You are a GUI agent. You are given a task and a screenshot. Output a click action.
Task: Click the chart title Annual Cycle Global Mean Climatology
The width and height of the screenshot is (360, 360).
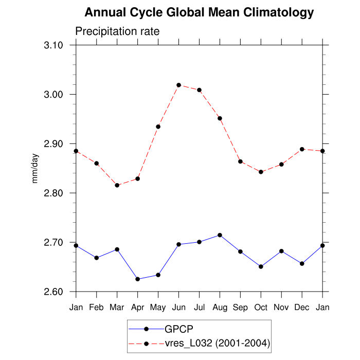[199, 12]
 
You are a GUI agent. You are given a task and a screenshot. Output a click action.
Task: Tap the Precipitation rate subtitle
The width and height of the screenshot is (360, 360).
[118, 31]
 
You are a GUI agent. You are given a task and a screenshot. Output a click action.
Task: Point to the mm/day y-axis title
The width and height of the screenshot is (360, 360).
[35, 168]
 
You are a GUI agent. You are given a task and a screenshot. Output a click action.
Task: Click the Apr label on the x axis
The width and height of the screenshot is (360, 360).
[137, 308]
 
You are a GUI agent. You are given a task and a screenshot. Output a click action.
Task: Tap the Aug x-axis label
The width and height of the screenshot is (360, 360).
[220, 308]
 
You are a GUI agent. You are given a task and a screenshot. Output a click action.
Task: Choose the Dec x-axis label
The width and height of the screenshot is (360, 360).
[302, 308]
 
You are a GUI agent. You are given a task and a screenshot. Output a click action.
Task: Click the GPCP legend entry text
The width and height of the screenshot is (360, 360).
[178, 329]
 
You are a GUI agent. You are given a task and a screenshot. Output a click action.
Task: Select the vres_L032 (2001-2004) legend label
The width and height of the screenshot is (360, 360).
[218, 343]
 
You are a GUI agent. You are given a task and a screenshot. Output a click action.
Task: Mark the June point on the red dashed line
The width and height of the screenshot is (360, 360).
[178, 85]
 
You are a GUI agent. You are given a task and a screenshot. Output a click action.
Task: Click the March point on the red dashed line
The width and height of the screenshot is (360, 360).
[117, 185]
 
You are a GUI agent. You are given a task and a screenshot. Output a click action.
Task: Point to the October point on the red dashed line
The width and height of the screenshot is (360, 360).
[261, 172]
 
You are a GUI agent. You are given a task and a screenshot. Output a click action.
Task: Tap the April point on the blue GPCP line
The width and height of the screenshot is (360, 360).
[137, 279]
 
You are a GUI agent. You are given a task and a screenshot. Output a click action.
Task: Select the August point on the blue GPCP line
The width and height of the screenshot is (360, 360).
[220, 235]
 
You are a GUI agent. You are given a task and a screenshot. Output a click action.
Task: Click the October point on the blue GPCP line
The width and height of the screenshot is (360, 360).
[261, 266]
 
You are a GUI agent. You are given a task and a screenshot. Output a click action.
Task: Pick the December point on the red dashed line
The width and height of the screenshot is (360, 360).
[302, 149]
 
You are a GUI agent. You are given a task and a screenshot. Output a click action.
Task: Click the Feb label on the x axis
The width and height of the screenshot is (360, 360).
[96, 308]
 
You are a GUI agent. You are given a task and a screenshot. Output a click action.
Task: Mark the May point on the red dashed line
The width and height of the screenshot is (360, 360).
[158, 127]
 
